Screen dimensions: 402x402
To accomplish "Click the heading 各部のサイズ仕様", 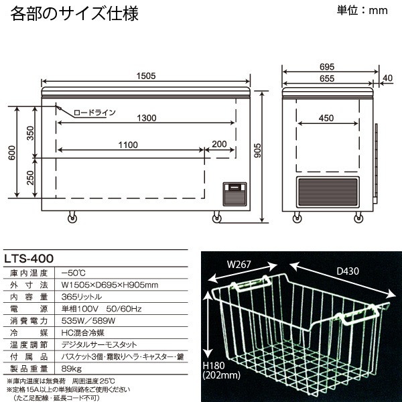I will (75, 13).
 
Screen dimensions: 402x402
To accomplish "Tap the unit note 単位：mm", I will (362, 11).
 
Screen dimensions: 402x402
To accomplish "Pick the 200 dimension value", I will (219, 145).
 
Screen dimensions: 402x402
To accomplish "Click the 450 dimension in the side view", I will (326, 119).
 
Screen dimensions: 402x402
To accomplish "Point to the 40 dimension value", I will (388, 79).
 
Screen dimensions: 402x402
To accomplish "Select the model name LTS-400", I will (29, 256).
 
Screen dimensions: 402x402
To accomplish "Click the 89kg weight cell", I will (69, 368).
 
